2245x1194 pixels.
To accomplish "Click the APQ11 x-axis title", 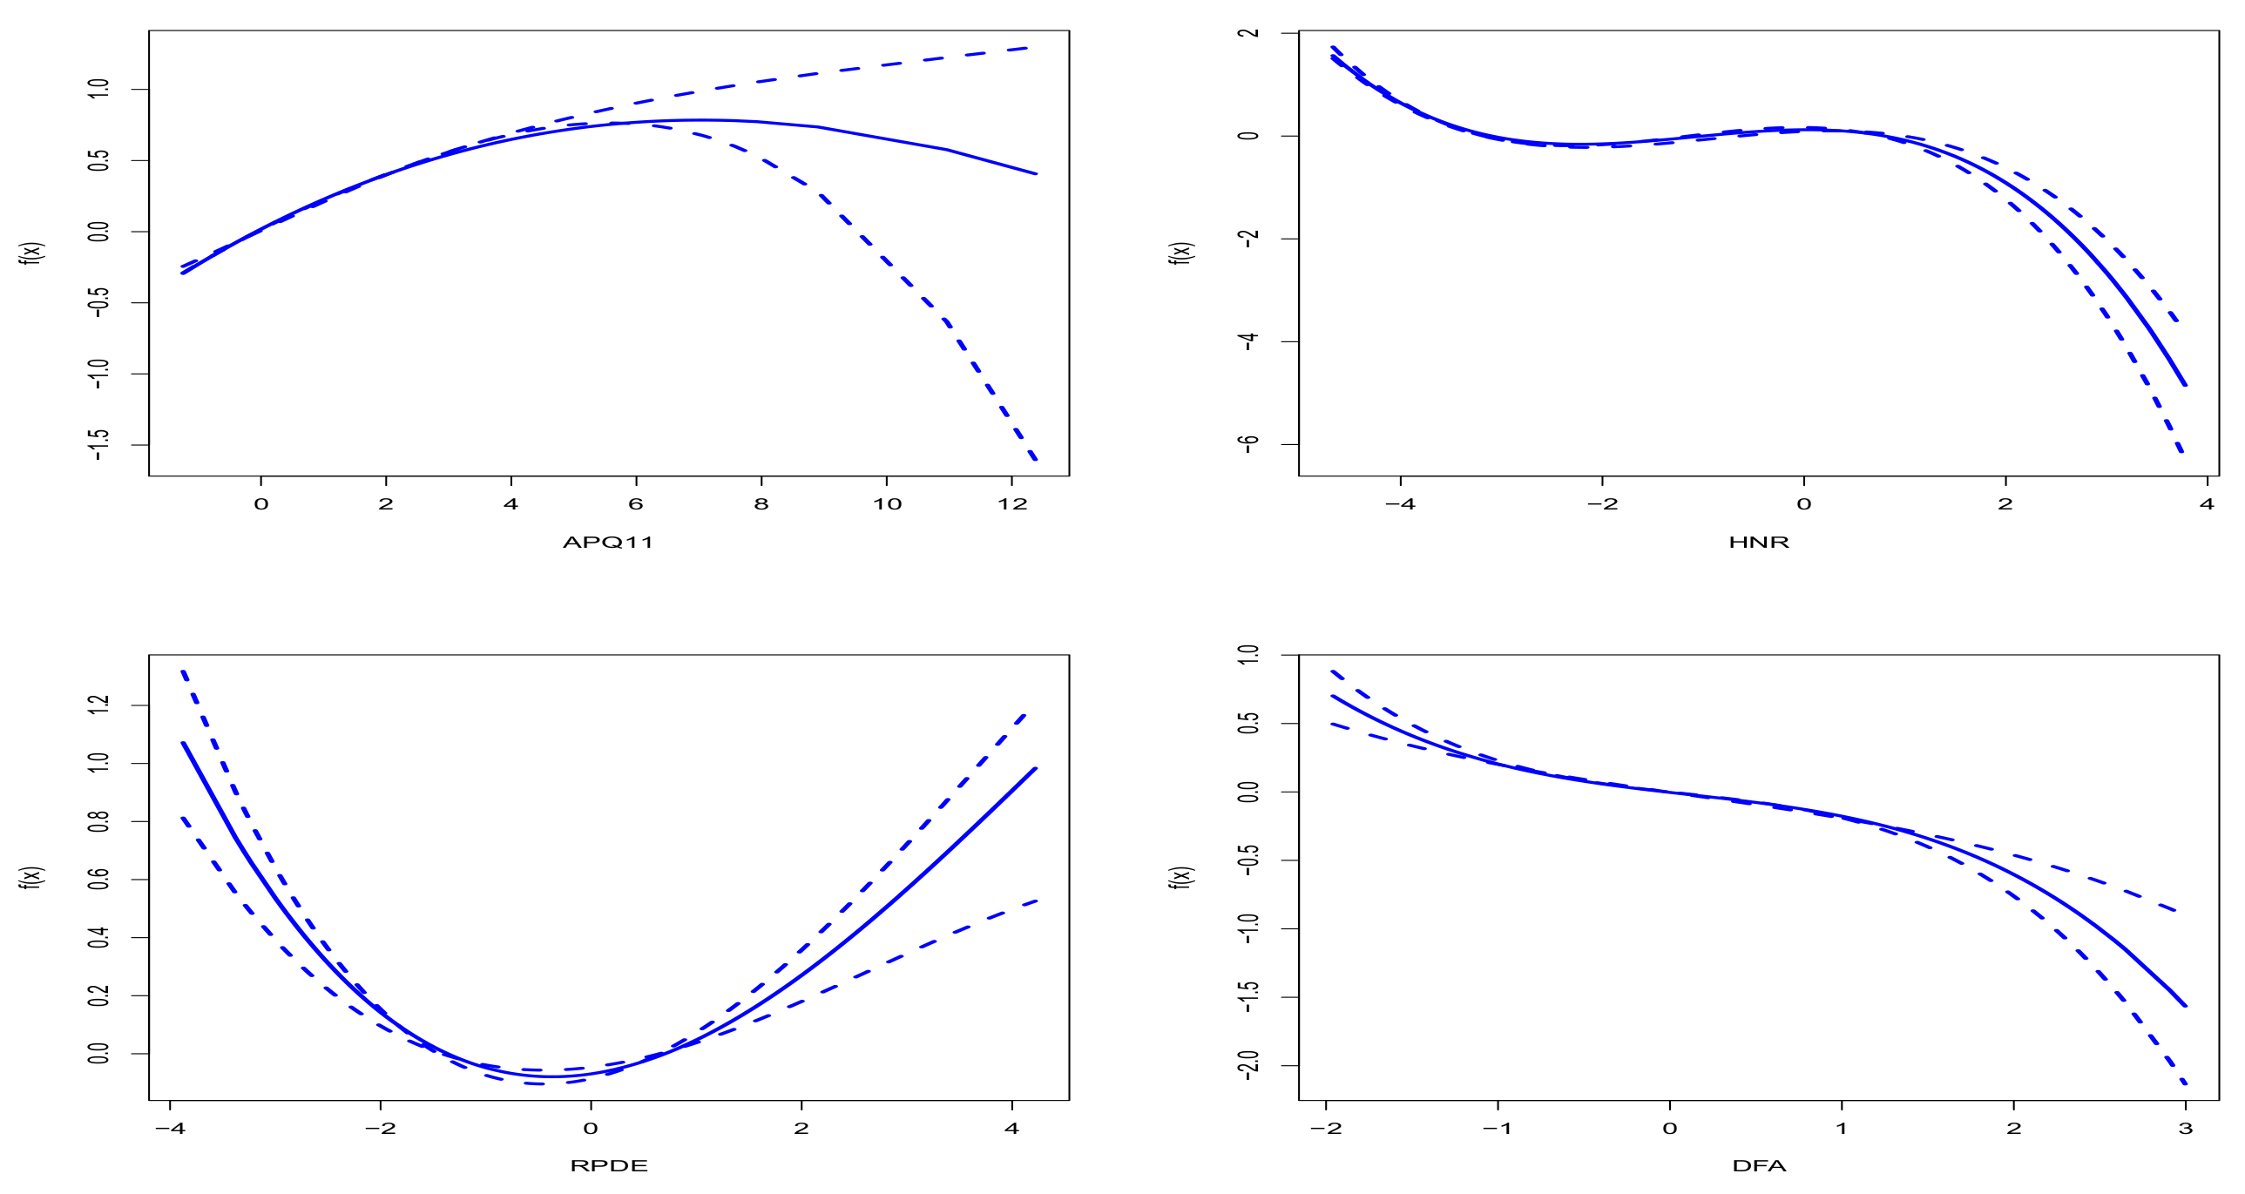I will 607,542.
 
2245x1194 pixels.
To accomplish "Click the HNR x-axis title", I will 1759,542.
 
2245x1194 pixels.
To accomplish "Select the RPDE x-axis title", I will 608,1166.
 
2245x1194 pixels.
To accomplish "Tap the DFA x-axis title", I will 1759,1166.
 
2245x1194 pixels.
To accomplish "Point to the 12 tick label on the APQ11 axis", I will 1011,503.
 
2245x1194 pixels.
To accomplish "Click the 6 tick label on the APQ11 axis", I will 636,503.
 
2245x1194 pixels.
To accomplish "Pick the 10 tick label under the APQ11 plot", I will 887,503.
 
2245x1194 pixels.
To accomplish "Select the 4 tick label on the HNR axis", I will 2207,503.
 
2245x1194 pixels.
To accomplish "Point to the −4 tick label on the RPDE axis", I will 170,1129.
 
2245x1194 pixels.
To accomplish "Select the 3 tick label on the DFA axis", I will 2186,1129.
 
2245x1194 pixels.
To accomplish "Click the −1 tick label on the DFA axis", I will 1498,1129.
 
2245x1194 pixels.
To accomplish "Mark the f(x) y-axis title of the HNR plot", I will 1181,253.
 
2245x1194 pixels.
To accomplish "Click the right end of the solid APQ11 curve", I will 1036,173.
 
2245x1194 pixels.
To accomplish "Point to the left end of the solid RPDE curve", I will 183,743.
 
